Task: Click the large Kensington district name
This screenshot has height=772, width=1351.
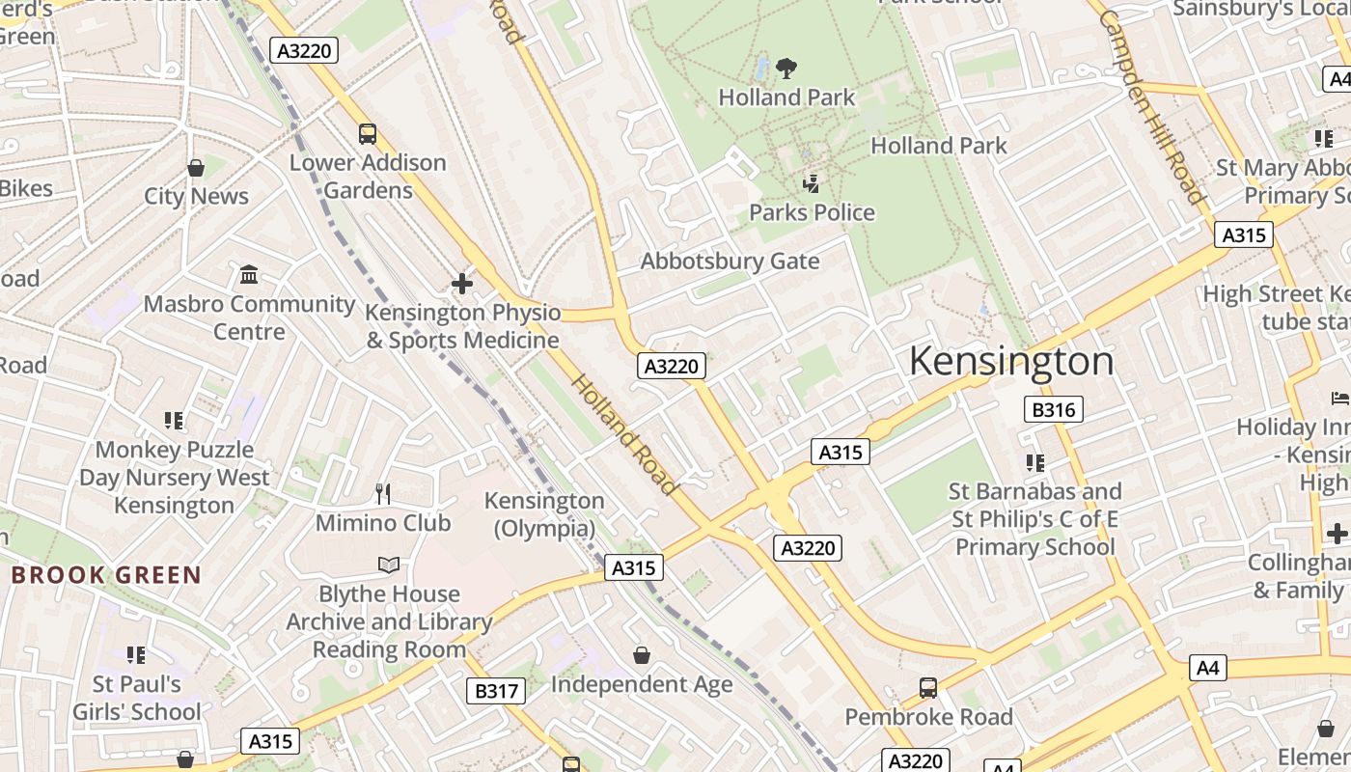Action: click(x=1011, y=361)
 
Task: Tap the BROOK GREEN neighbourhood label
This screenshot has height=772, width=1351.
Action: click(x=106, y=575)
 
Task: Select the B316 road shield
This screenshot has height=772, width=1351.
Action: click(x=1053, y=409)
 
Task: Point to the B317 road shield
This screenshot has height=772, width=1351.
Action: click(x=497, y=691)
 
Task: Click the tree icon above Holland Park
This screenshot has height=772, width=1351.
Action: click(x=786, y=69)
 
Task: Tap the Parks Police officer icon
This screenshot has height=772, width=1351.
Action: click(x=812, y=183)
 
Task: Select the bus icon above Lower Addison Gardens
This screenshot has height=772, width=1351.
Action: click(x=367, y=134)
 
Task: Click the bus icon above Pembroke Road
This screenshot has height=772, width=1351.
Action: click(x=927, y=688)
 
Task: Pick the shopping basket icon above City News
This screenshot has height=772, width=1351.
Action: click(x=196, y=168)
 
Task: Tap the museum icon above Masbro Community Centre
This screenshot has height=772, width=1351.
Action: click(x=249, y=275)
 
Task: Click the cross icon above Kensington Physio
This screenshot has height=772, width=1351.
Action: click(x=462, y=284)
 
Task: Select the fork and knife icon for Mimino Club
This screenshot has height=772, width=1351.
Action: click(x=383, y=494)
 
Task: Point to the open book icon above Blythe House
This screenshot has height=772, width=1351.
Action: click(x=389, y=565)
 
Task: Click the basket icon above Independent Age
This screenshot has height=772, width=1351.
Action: click(x=642, y=656)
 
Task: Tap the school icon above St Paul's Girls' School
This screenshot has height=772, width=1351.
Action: click(x=136, y=655)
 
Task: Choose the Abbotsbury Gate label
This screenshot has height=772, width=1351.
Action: click(x=730, y=262)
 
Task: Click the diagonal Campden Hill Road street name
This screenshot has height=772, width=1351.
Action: click(x=1150, y=106)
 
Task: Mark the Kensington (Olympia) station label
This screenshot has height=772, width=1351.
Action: click(x=544, y=514)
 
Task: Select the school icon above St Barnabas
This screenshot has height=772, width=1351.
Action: click(x=1034, y=463)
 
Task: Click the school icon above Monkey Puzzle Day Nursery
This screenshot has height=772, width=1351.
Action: click(x=174, y=421)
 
